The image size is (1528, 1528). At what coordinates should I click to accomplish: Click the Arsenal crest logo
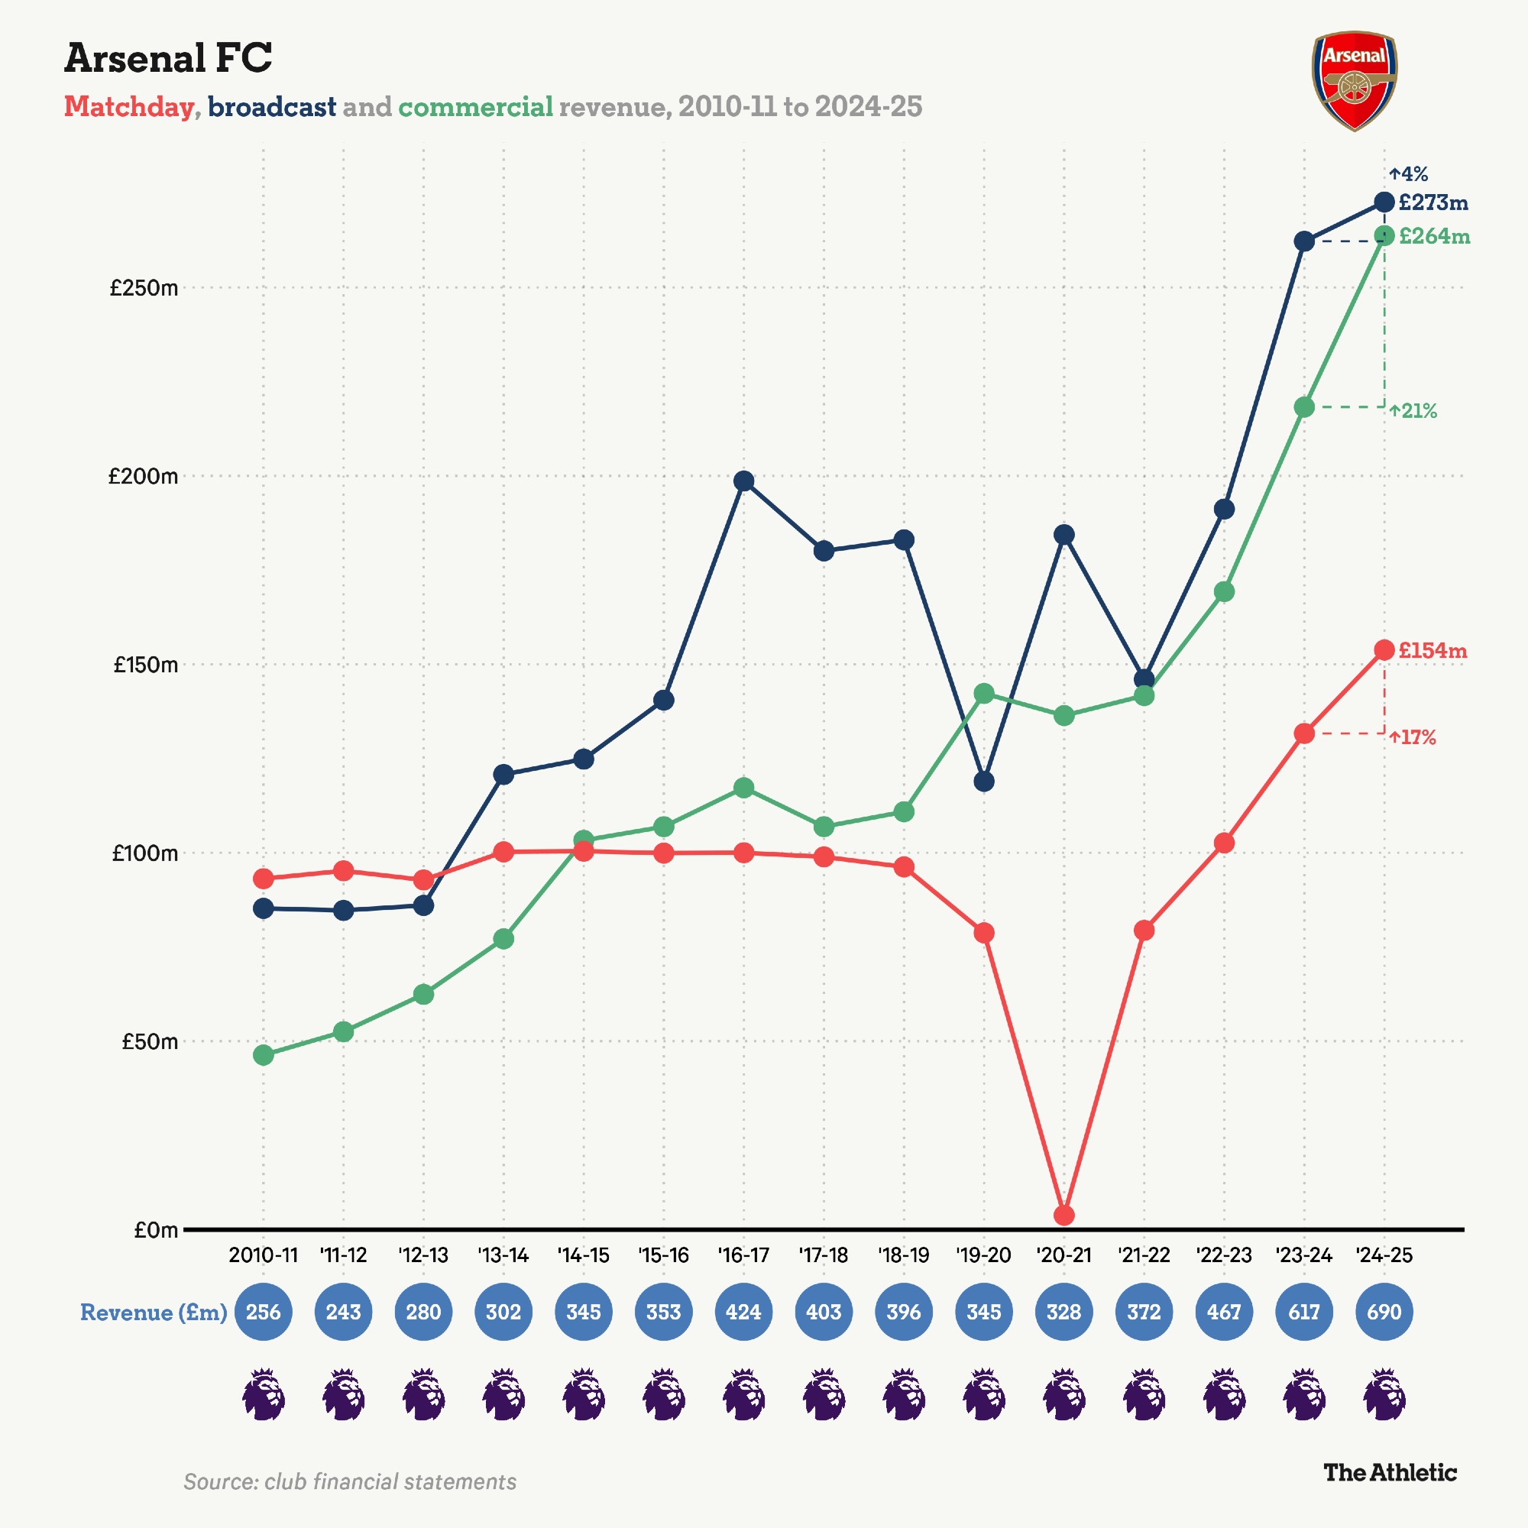click(1354, 81)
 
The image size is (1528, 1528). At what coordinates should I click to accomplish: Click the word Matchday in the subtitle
click(129, 107)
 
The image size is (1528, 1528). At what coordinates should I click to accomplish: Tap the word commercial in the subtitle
click(475, 107)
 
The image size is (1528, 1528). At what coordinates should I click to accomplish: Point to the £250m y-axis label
click(144, 288)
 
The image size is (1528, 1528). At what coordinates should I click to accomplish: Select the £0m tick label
click(156, 1230)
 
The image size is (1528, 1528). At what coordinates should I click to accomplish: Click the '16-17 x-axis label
click(743, 1255)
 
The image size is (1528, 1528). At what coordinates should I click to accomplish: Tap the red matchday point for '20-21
click(1064, 1215)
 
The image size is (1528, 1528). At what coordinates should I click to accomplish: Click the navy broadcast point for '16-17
click(743, 481)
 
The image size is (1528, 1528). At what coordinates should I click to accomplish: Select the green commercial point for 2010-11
click(264, 1055)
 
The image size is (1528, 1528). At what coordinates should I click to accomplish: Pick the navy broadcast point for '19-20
click(984, 782)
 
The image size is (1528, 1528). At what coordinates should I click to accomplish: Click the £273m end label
click(1433, 203)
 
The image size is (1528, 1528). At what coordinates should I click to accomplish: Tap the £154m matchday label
click(1432, 651)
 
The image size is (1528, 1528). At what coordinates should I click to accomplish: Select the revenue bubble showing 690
click(1384, 1312)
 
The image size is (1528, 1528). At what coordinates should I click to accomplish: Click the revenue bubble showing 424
click(743, 1312)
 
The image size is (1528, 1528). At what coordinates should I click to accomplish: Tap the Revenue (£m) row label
click(154, 1313)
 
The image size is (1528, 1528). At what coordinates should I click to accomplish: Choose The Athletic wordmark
click(1390, 1473)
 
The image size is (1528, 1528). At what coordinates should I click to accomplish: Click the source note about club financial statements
click(350, 1481)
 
